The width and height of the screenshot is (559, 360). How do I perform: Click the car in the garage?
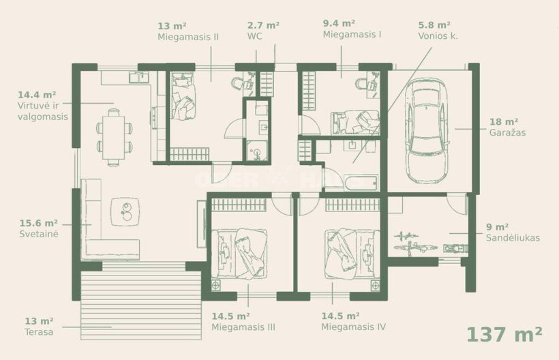tap(427, 131)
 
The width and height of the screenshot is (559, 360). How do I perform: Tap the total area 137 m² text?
tap(504, 334)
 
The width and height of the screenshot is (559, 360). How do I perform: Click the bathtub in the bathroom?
tap(361, 182)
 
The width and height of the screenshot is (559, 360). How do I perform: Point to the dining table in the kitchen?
tap(113, 137)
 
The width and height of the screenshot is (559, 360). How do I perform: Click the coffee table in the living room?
tap(125, 212)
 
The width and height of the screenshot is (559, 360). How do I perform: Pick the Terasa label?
tap(39, 332)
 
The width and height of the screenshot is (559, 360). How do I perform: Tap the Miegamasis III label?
tap(243, 327)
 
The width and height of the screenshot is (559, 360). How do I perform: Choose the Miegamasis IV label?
tap(353, 327)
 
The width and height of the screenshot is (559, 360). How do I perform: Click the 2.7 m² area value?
tap(263, 25)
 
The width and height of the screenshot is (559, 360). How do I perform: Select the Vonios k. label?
tap(438, 36)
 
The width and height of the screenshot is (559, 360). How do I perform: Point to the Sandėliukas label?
tap(513, 238)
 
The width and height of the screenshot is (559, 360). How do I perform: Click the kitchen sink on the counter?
tap(139, 77)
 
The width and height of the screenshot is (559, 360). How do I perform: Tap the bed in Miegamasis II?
tap(183, 96)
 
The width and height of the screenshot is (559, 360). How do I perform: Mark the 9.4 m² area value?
tap(339, 24)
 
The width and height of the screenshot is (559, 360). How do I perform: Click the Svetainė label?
tap(39, 234)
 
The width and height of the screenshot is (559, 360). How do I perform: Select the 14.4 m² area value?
tap(37, 95)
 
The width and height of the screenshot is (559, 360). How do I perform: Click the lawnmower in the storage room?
tap(455, 248)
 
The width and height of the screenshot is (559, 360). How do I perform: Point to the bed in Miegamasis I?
tap(355, 122)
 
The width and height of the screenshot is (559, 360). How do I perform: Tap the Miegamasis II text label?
tap(188, 37)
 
